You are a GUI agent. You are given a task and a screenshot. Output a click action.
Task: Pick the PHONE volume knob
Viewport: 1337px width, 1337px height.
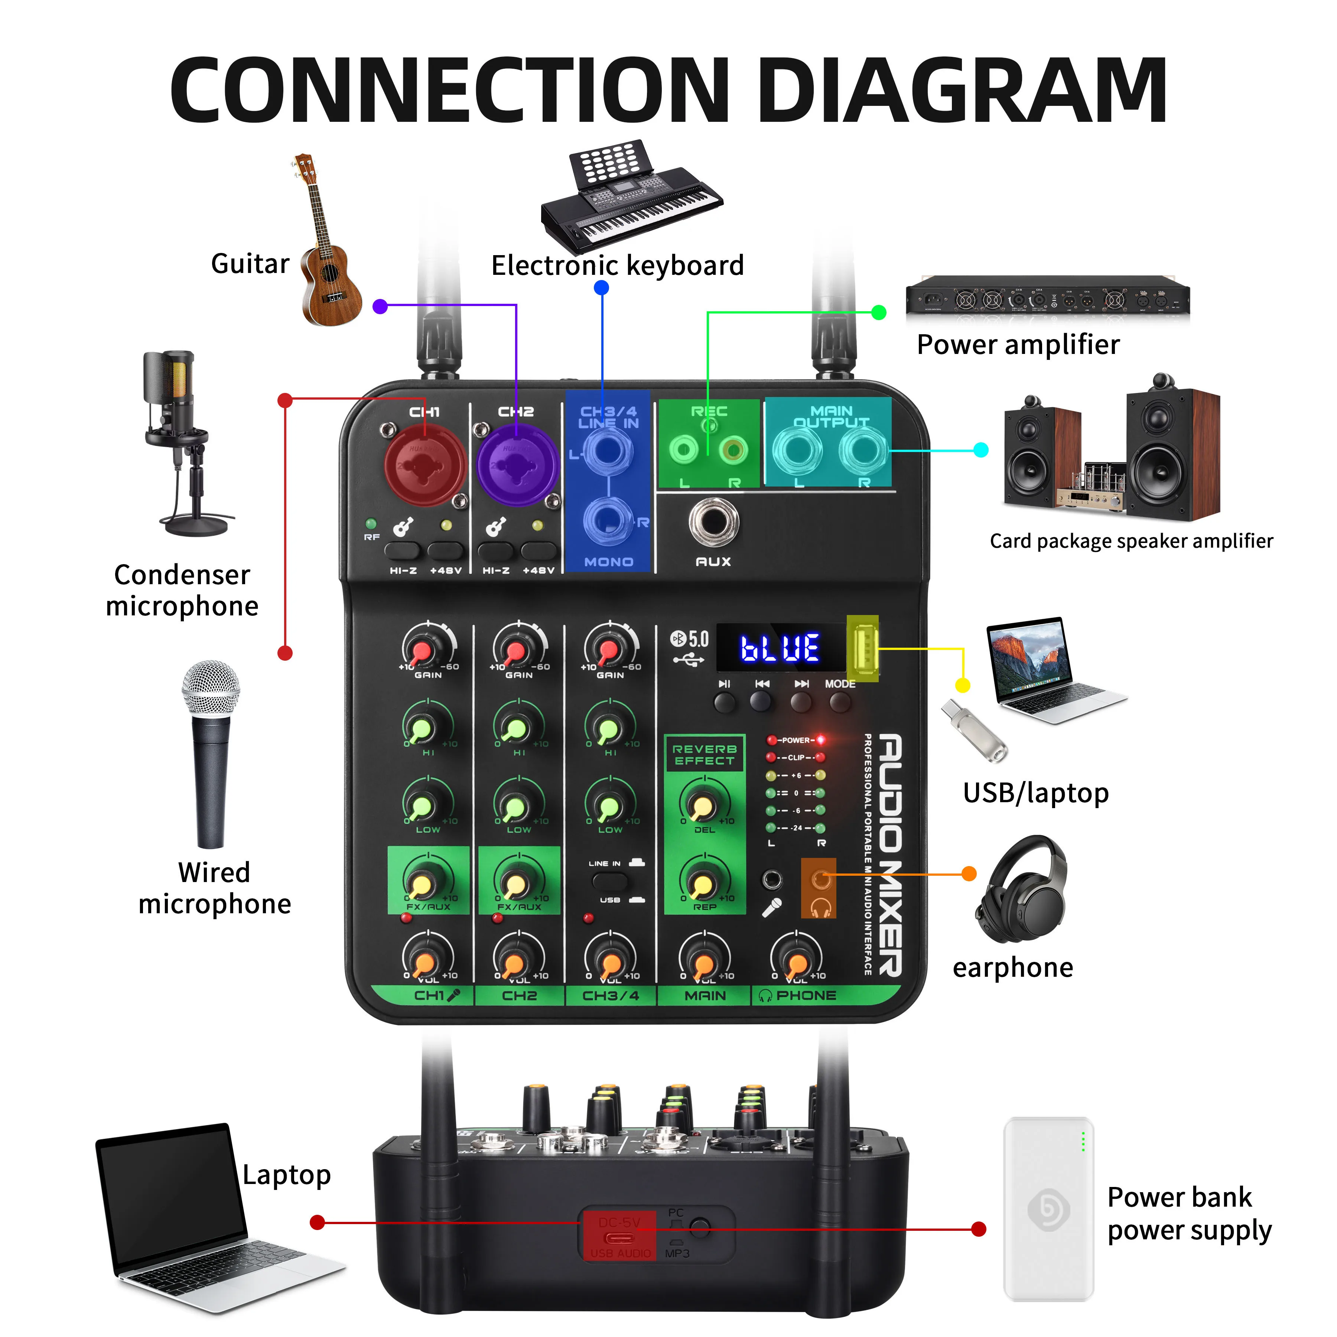[797, 962]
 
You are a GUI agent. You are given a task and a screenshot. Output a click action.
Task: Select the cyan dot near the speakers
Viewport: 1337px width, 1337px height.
[980, 450]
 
